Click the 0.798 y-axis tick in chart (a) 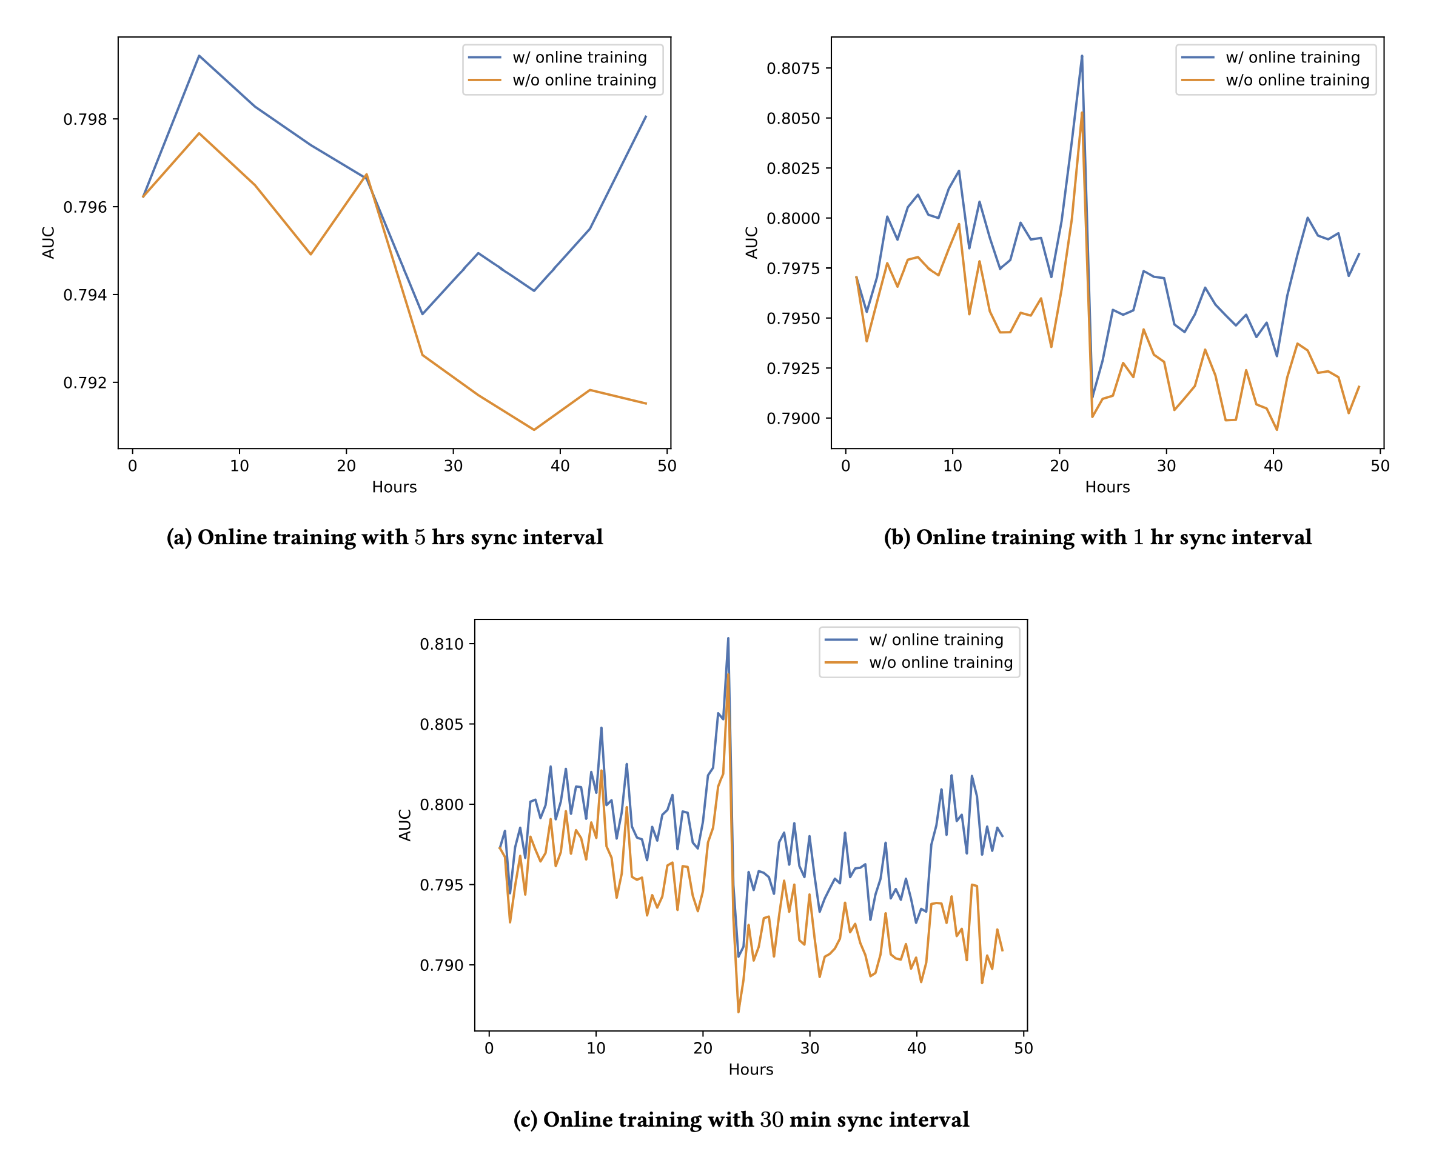85,119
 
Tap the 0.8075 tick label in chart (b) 793,68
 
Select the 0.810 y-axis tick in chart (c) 441,644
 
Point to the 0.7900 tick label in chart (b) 793,419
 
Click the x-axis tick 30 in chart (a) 454,467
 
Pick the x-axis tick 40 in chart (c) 917,1048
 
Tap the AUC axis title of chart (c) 405,825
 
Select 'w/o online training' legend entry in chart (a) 584,80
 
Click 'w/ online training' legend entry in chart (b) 1292,58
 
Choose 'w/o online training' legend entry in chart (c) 941,662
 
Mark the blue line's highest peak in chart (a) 200,56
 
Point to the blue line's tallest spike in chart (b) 1082,56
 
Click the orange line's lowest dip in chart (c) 739,1012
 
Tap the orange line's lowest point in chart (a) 534,430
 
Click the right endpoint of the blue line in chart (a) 646,116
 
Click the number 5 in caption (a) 420,538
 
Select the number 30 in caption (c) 771,1120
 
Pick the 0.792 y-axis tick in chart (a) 85,383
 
